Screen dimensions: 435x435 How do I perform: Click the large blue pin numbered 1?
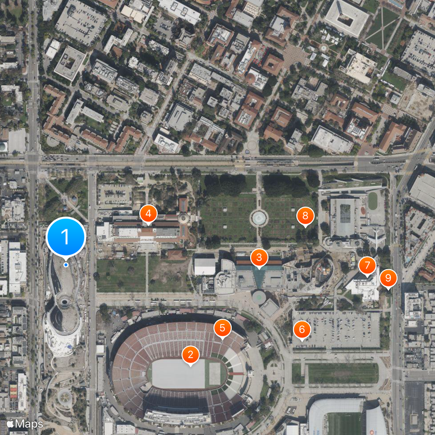tap(66, 237)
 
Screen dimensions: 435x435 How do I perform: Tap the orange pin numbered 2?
tap(190, 355)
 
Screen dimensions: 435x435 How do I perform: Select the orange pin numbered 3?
tap(259, 258)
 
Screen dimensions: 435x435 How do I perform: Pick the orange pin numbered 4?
tap(148, 214)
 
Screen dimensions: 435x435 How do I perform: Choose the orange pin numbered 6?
tap(302, 329)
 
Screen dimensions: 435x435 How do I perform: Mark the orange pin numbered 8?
tap(305, 217)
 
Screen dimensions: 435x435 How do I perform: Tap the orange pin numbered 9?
tap(388, 278)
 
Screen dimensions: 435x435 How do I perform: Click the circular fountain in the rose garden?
tap(259, 219)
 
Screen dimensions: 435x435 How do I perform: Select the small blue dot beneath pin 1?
tap(66, 265)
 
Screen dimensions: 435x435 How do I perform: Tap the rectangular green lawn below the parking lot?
tap(343, 373)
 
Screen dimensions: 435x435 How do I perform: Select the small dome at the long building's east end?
tap(183, 218)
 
